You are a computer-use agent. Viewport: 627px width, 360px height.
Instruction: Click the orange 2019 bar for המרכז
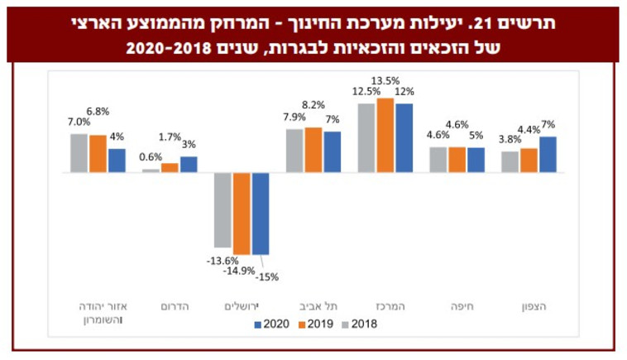pos(385,136)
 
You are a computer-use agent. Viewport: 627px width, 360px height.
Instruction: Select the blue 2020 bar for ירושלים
pos(261,214)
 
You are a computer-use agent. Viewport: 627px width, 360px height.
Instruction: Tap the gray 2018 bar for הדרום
pos(150,170)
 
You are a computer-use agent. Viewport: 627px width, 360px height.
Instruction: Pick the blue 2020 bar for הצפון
pos(548,155)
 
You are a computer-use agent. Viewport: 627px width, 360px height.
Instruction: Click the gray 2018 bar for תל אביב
pos(294,151)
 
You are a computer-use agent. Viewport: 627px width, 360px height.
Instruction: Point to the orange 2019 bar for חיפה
pos(457,160)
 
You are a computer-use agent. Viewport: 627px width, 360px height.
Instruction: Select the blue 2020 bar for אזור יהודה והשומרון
pos(117,161)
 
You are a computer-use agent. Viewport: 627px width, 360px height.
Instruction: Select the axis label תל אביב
pos(313,305)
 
